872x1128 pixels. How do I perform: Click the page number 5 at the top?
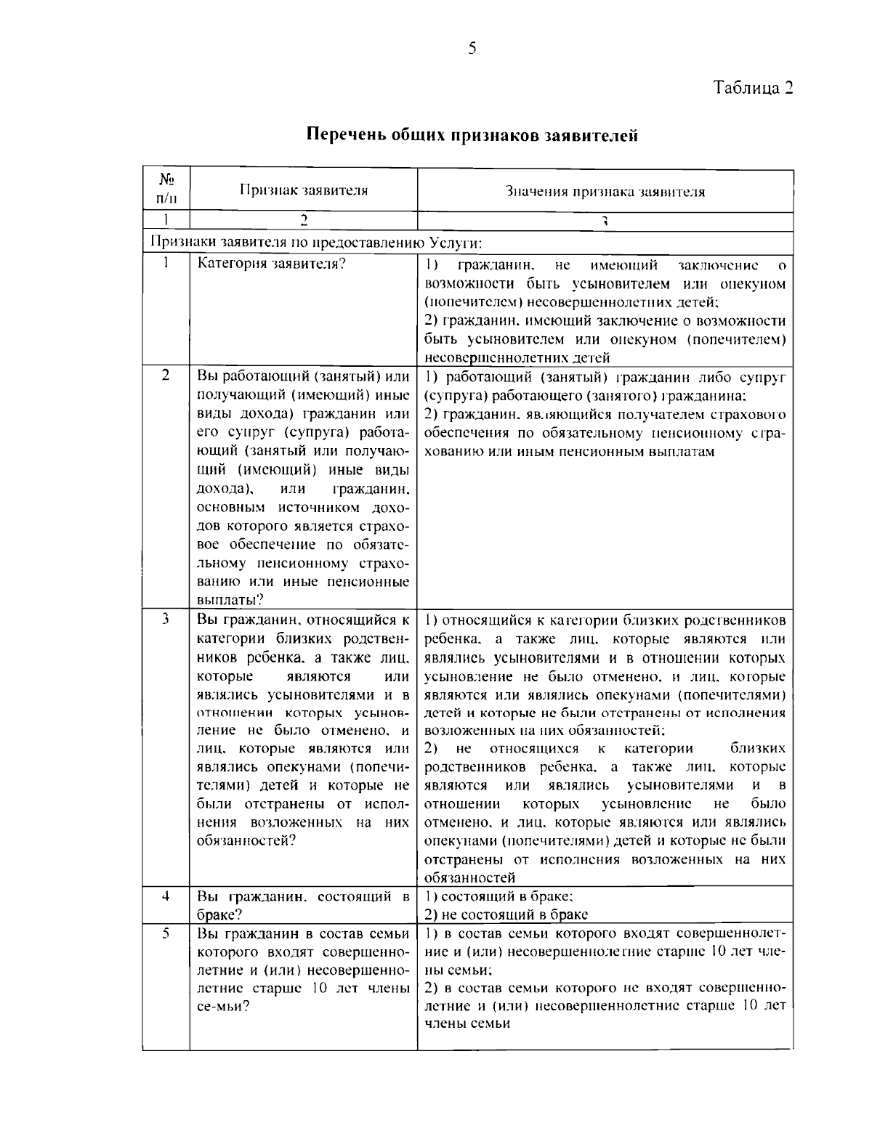pos(472,49)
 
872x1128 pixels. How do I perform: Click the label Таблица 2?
pos(752,88)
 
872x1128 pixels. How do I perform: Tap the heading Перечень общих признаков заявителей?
pos(472,134)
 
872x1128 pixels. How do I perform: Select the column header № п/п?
pos(166,190)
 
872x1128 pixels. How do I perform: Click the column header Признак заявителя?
pos(303,191)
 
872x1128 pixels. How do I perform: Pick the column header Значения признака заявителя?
pos(605,192)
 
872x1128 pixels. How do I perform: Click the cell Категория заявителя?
pos(272,264)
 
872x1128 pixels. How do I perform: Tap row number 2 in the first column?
pos(166,376)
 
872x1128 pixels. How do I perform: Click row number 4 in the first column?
pos(166,896)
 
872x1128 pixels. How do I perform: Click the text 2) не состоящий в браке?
pos(506,914)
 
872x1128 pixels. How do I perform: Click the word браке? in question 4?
pos(219,915)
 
